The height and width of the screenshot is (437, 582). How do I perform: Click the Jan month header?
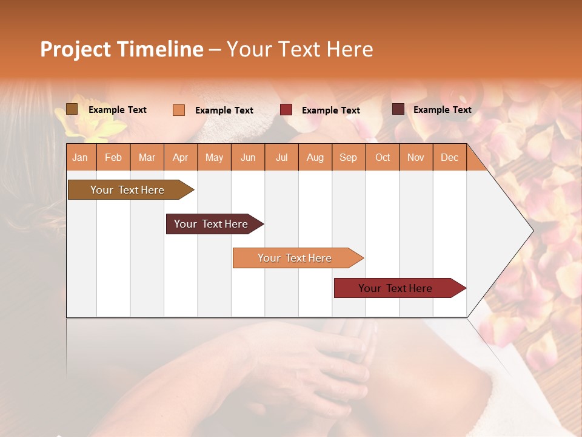point(81,158)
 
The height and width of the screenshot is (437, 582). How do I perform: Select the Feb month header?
point(113,158)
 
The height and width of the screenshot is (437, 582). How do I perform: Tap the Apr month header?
point(181,158)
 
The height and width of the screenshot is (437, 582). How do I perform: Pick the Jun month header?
point(248,158)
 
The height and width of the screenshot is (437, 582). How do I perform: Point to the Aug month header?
point(315,158)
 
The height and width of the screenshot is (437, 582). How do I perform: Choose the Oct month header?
point(383,158)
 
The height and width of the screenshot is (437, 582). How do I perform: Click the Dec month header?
point(450,158)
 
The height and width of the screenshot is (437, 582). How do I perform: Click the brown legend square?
point(72,109)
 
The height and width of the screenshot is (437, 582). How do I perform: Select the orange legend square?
point(179,110)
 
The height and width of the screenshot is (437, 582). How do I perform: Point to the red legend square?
point(286,110)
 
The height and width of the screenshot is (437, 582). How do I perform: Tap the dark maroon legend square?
point(398,109)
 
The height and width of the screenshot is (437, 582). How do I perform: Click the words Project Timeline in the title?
point(121,49)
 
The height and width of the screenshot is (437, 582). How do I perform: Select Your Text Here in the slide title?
point(299,49)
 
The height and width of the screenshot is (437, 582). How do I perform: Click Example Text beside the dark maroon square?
point(442,110)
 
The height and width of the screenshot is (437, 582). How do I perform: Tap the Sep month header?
point(348,158)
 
